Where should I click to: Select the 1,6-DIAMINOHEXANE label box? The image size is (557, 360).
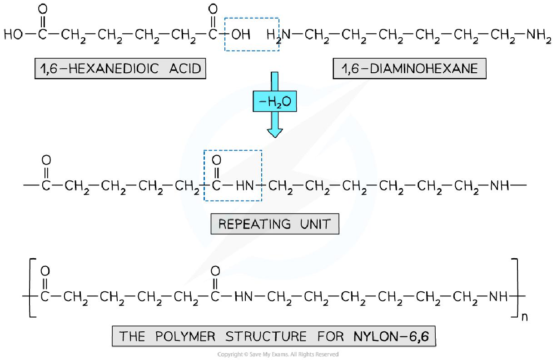point(409,69)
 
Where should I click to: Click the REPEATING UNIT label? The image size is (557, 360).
point(274,224)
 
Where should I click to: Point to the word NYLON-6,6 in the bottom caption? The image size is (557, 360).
point(390,336)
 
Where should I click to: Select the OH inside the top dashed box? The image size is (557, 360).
point(241,35)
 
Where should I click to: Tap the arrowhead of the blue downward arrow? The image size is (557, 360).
point(274,132)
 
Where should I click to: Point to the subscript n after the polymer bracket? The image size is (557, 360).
point(524,317)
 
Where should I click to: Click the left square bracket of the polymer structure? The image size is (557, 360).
point(32,287)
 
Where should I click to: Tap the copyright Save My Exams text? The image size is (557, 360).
point(278,354)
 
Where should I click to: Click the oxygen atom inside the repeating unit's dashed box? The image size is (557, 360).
point(216,160)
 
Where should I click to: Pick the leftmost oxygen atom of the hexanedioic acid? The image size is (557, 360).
point(43,9)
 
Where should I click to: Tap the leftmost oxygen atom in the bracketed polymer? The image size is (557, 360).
point(45,271)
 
